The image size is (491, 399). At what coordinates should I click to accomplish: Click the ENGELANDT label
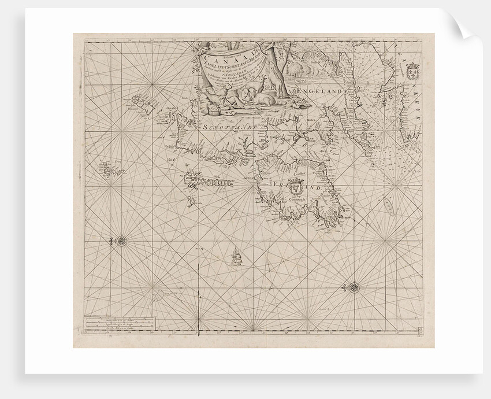point(321,91)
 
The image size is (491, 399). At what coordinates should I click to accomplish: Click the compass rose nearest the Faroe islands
point(122,239)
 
